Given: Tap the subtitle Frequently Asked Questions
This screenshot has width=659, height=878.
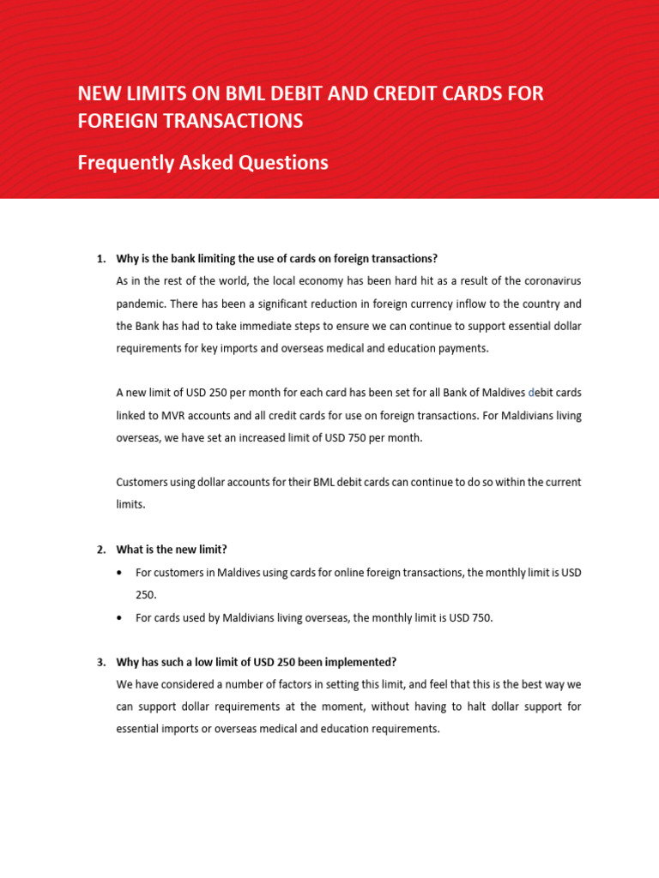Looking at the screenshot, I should click(203, 162).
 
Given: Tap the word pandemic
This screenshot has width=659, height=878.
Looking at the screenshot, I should click(140, 304).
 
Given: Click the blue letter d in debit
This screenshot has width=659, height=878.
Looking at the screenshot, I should click(532, 393).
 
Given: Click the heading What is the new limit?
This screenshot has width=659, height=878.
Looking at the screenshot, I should click(172, 550).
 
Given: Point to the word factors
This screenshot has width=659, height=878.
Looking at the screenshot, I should click(291, 684).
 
